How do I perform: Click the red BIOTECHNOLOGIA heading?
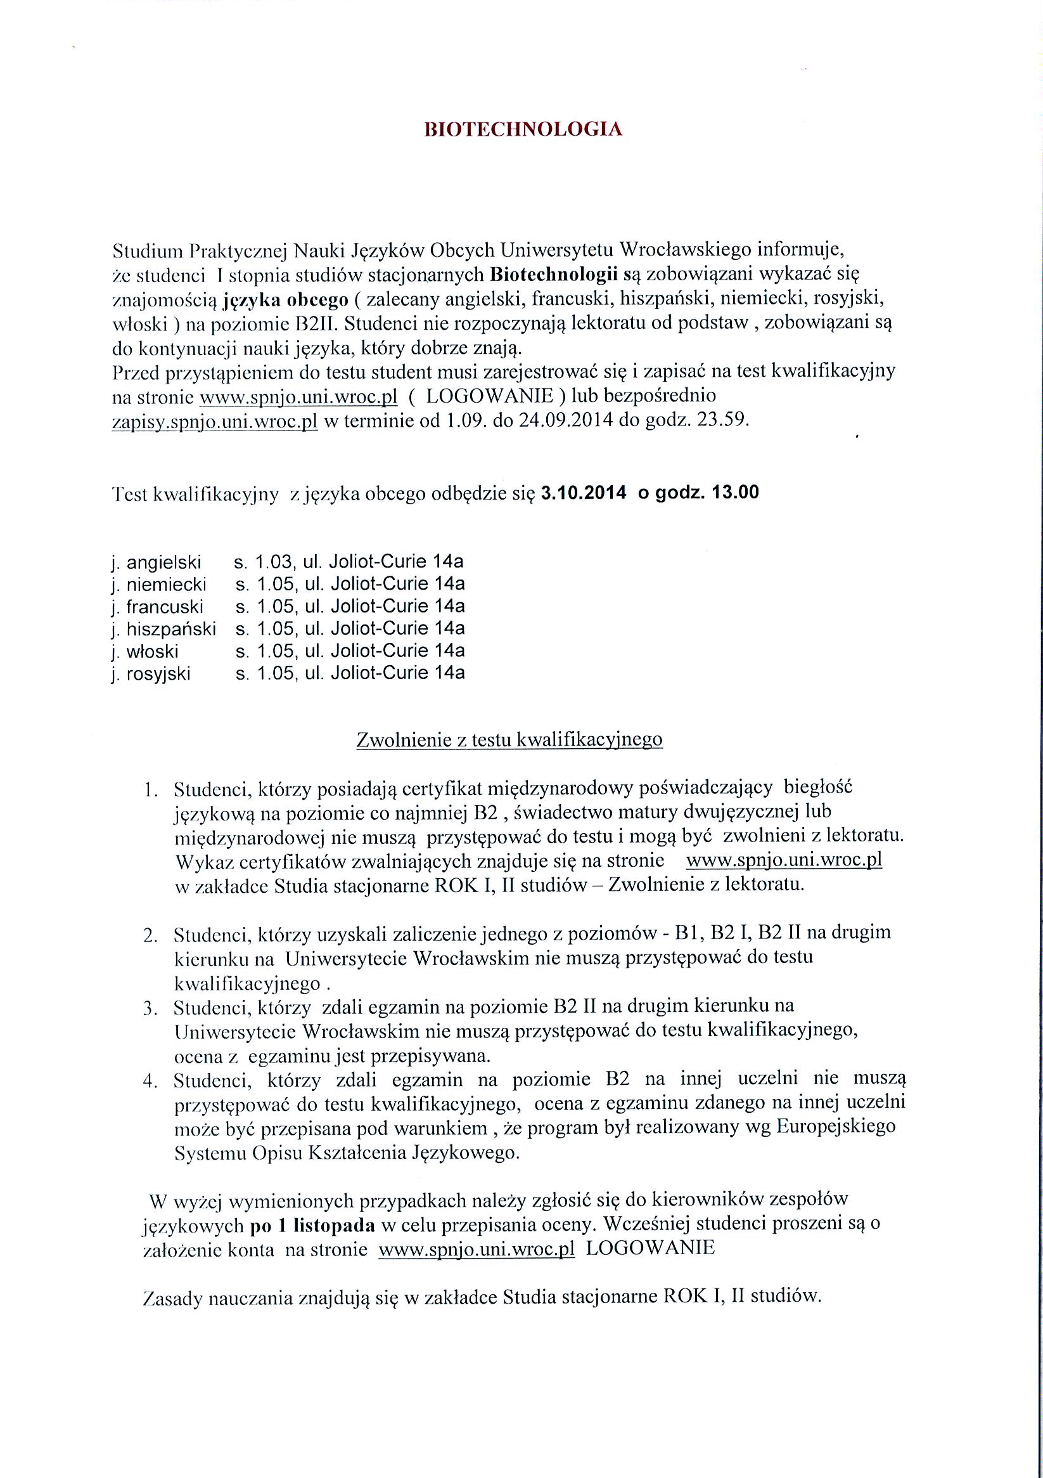[523, 129]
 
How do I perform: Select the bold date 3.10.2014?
[584, 493]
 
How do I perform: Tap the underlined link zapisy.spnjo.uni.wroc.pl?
[215, 422]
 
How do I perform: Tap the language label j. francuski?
[157, 606]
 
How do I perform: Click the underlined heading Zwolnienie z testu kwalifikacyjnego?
[509, 740]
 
